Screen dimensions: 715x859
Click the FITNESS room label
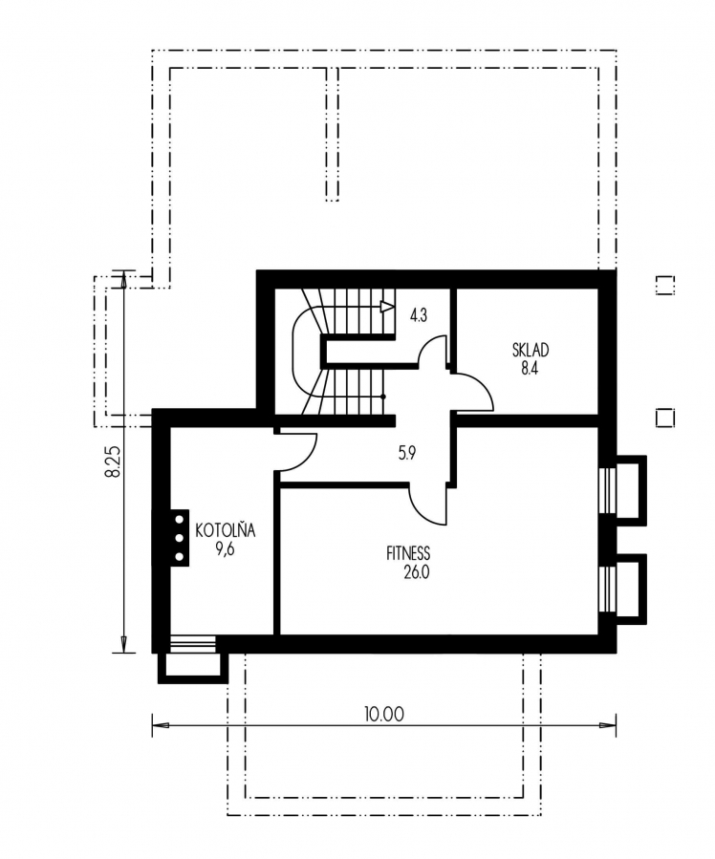coord(408,553)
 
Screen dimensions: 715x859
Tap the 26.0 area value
coord(417,572)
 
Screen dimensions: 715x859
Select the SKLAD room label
coord(531,350)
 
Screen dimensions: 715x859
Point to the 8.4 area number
coord(530,368)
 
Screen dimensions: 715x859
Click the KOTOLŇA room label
coord(226,530)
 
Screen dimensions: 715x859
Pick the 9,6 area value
coord(226,548)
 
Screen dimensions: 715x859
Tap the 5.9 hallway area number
coord(407,453)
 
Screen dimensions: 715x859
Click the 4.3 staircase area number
coord(418,315)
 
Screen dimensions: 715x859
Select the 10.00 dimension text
coord(383,715)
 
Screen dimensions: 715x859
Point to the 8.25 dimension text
coord(113,461)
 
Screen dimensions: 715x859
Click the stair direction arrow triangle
coord(387,306)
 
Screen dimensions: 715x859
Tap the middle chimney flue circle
coord(179,537)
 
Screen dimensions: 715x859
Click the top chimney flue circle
coord(179,519)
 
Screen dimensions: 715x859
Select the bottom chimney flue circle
coord(179,557)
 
